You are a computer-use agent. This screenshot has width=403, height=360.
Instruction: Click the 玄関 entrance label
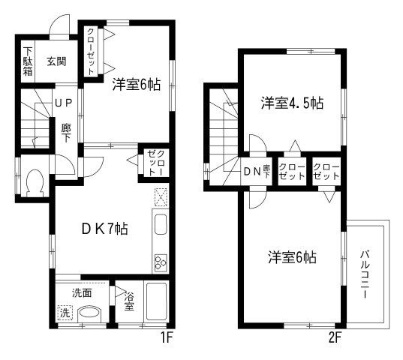point(56,61)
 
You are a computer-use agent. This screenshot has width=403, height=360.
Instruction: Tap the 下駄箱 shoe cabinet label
point(27,62)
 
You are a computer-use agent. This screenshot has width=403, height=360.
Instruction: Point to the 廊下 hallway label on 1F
point(65,133)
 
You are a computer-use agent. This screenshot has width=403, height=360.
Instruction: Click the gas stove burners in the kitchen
point(161,262)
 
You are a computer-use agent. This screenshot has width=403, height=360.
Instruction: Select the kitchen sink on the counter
point(161,223)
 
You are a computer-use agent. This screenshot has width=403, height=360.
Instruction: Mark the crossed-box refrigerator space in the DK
point(161,197)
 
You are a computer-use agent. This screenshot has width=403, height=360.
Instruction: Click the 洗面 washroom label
point(82,293)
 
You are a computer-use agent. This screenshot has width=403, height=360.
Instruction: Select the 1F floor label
point(167,337)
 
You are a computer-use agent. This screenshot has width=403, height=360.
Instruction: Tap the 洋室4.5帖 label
point(292,104)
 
